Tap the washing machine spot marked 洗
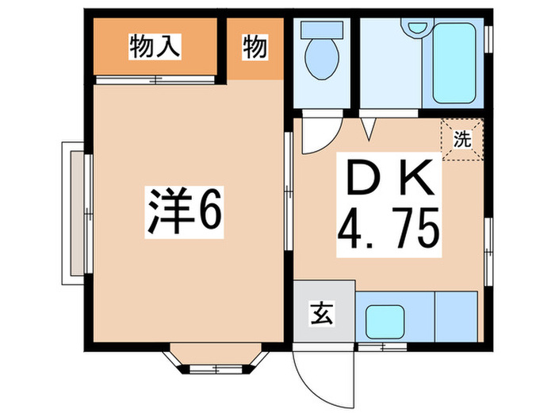click(462, 139)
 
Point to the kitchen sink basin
click(385, 321)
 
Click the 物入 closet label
click(155, 46)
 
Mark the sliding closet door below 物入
click(155, 79)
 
